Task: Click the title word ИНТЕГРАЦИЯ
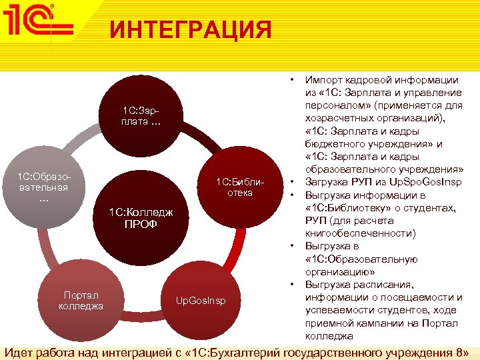[191, 30]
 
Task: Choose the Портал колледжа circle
[81, 301]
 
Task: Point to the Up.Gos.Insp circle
[201, 301]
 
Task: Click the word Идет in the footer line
[18, 351]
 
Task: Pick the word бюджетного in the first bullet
[338, 143]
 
